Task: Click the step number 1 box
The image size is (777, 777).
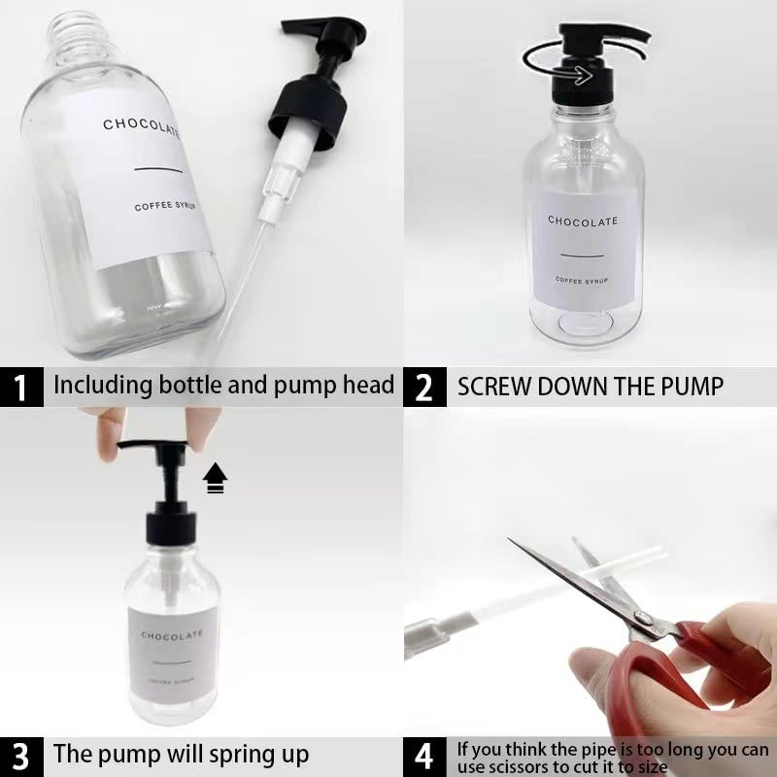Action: click(x=21, y=387)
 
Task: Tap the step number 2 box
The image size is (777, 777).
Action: click(x=424, y=387)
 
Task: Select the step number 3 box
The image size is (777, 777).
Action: click(x=21, y=757)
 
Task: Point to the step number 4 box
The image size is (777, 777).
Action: click(x=424, y=757)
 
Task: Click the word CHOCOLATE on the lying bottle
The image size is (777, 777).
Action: click(x=141, y=128)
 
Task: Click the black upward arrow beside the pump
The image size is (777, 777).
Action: click(x=215, y=478)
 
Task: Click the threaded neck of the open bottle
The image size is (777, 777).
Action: click(x=80, y=36)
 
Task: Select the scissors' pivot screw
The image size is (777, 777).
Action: click(x=644, y=618)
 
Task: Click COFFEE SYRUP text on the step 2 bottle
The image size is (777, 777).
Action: click(x=581, y=280)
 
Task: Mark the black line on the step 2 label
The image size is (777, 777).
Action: click(x=582, y=255)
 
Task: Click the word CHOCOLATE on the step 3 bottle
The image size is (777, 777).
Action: click(x=172, y=635)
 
